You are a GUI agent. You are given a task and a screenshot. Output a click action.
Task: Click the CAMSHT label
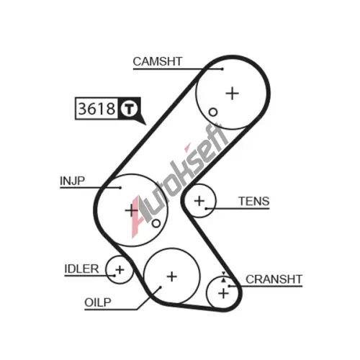pyautogui.click(x=158, y=61)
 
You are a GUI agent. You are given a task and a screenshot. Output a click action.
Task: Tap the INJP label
pyautogui.click(x=72, y=181)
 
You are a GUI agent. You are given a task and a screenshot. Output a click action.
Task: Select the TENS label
pyautogui.click(x=254, y=201)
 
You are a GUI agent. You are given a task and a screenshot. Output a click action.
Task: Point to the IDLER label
pyautogui.click(x=81, y=269)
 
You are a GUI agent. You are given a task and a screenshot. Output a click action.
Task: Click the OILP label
pyautogui.click(x=98, y=302)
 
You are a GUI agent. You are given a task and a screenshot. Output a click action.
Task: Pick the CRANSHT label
pyautogui.click(x=274, y=279)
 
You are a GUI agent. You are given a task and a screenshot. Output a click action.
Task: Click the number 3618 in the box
pyautogui.click(x=96, y=109)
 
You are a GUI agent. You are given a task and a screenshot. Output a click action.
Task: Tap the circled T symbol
pyautogui.click(x=129, y=109)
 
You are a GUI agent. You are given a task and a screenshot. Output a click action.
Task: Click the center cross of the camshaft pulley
pyautogui.click(x=233, y=94)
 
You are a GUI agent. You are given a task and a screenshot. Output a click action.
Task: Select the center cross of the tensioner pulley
pyautogui.click(x=199, y=201)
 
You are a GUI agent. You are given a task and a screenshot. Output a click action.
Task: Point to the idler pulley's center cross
pyautogui.click(x=120, y=270)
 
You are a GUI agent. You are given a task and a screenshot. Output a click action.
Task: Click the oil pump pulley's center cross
pyautogui.click(x=172, y=276)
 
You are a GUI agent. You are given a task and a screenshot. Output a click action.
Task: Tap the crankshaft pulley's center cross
pyautogui.click(x=223, y=293)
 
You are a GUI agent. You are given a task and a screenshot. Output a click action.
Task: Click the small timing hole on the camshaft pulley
pyautogui.click(x=213, y=112)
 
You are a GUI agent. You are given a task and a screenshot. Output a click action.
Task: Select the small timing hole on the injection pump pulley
pyautogui.click(x=156, y=223)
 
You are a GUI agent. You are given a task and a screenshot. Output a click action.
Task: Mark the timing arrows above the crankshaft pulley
pyautogui.click(x=224, y=276)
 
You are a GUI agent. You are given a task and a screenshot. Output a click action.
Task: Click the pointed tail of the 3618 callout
pyautogui.click(x=146, y=125)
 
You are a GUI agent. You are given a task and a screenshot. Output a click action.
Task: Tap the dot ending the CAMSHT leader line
pyautogui.click(x=222, y=69)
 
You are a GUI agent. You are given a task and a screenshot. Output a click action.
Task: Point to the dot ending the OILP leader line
pyautogui.click(x=161, y=287)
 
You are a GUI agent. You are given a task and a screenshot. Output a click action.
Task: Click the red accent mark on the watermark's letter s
pyautogui.click(x=187, y=147)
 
